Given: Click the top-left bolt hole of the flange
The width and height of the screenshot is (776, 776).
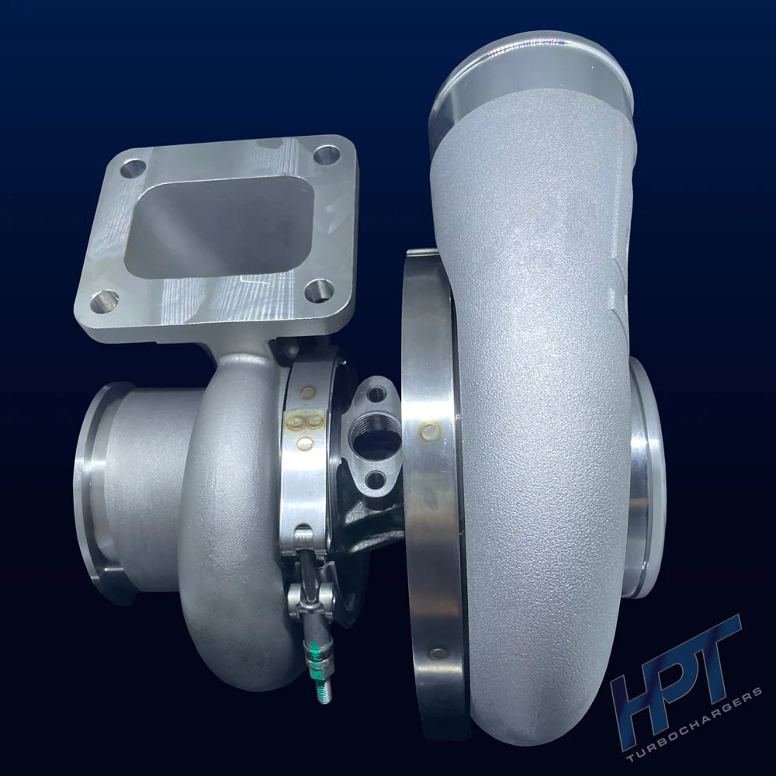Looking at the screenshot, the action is pos(133,168).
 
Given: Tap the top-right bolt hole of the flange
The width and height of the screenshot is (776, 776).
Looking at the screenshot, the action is pos(327,155).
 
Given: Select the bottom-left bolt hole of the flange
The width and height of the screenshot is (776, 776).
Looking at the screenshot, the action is pos(105,300).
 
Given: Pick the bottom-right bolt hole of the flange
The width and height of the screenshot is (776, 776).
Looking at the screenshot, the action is pos(319,290).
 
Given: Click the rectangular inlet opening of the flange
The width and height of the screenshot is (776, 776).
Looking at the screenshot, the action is pos(219,227).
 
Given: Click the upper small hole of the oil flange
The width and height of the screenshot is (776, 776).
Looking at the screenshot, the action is pos(376,394).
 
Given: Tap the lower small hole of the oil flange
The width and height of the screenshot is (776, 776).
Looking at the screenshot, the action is pos(375,479).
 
